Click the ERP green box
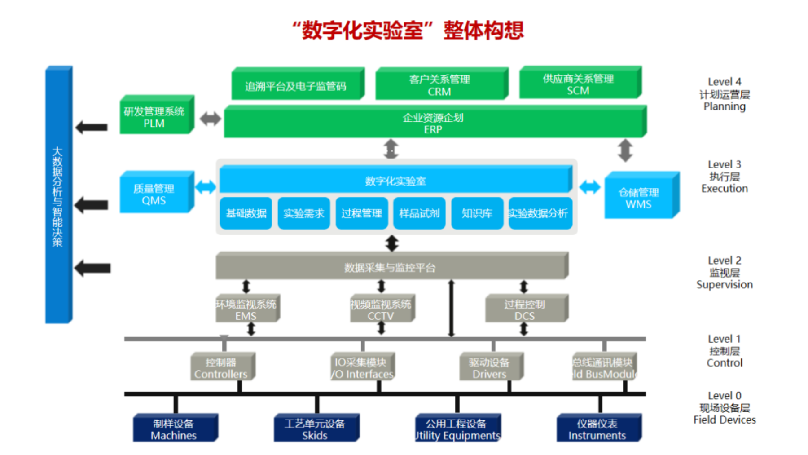(433, 124)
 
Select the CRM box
(440, 85)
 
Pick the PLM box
(154, 117)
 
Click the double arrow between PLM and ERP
(210, 119)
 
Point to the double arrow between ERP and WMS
(625, 150)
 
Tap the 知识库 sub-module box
(477, 213)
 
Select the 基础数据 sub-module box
(246, 213)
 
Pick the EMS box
(246, 310)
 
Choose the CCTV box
(381, 310)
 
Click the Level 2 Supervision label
(725, 273)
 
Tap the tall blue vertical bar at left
(58, 195)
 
